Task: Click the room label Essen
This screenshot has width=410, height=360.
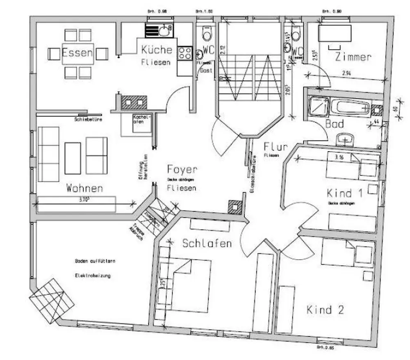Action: point(77,53)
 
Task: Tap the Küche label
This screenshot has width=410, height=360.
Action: point(156,50)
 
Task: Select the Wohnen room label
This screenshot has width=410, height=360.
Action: point(84,189)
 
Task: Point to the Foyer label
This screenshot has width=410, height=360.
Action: point(182,169)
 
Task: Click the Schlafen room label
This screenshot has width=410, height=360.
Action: point(207,243)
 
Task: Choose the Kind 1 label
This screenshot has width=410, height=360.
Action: point(345,193)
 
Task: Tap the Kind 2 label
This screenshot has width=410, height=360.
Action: point(325,310)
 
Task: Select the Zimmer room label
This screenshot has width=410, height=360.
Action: point(353,57)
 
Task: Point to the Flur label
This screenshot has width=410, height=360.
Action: point(275,146)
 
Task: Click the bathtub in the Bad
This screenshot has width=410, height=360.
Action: point(351,108)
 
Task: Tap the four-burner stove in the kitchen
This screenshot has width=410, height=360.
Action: point(185,53)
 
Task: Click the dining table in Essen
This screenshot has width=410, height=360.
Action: point(78,54)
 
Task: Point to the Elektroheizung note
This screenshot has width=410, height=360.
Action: point(93,276)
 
